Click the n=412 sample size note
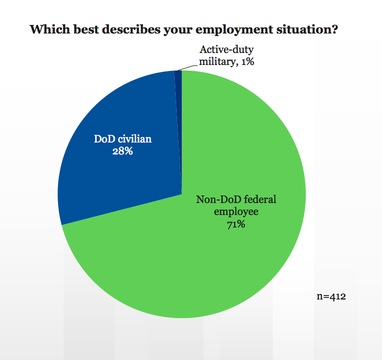[x=331, y=296]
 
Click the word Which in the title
[x=47, y=29]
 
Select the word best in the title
[x=83, y=29]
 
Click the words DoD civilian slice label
[x=123, y=138]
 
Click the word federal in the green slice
[x=259, y=200]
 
